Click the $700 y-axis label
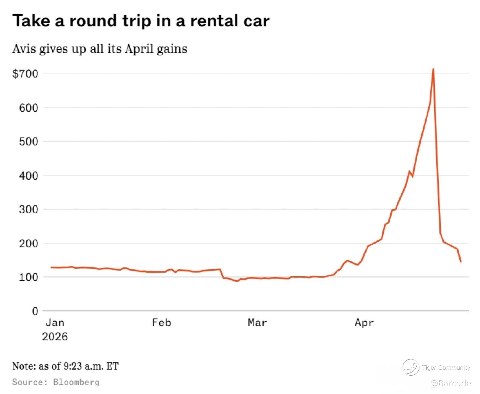tap(25, 73)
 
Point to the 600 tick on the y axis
tap(28, 107)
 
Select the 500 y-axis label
tap(28, 141)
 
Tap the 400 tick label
tap(28, 175)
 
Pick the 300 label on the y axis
tap(28, 209)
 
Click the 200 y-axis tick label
tap(28, 243)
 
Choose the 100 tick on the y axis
tap(28, 277)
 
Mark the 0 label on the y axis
tap(35, 311)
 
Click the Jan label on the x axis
tap(55, 323)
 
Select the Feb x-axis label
tap(161, 323)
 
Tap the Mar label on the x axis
tap(257, 323)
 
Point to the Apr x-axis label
tap(364, 323)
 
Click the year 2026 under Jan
tap(55, 337)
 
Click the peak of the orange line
tap(433, 69)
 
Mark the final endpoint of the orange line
tap(461, 262)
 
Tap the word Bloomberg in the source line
tap(76, 382)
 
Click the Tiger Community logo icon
tap(410, 367)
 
